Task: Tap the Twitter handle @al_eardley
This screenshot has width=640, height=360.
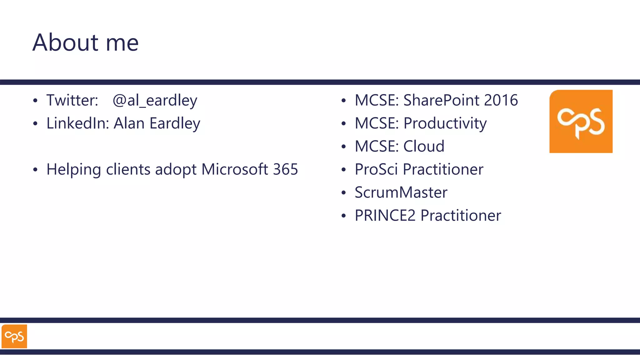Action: [x=155, y=101]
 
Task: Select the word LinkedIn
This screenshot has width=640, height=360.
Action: [x=77, y=123]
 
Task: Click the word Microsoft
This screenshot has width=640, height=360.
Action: [x=234, y=169]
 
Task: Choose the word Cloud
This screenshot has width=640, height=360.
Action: [x=424, y=146]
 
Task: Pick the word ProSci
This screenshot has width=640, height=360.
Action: [x=376, y=169]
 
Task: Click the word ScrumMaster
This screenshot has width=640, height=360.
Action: [x=401, y=192]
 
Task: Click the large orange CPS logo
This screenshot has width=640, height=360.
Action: [x=581, y=121]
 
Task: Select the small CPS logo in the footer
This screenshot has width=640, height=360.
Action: [x=14, y=336]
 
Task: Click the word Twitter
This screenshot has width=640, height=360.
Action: [x=72, y=100]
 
